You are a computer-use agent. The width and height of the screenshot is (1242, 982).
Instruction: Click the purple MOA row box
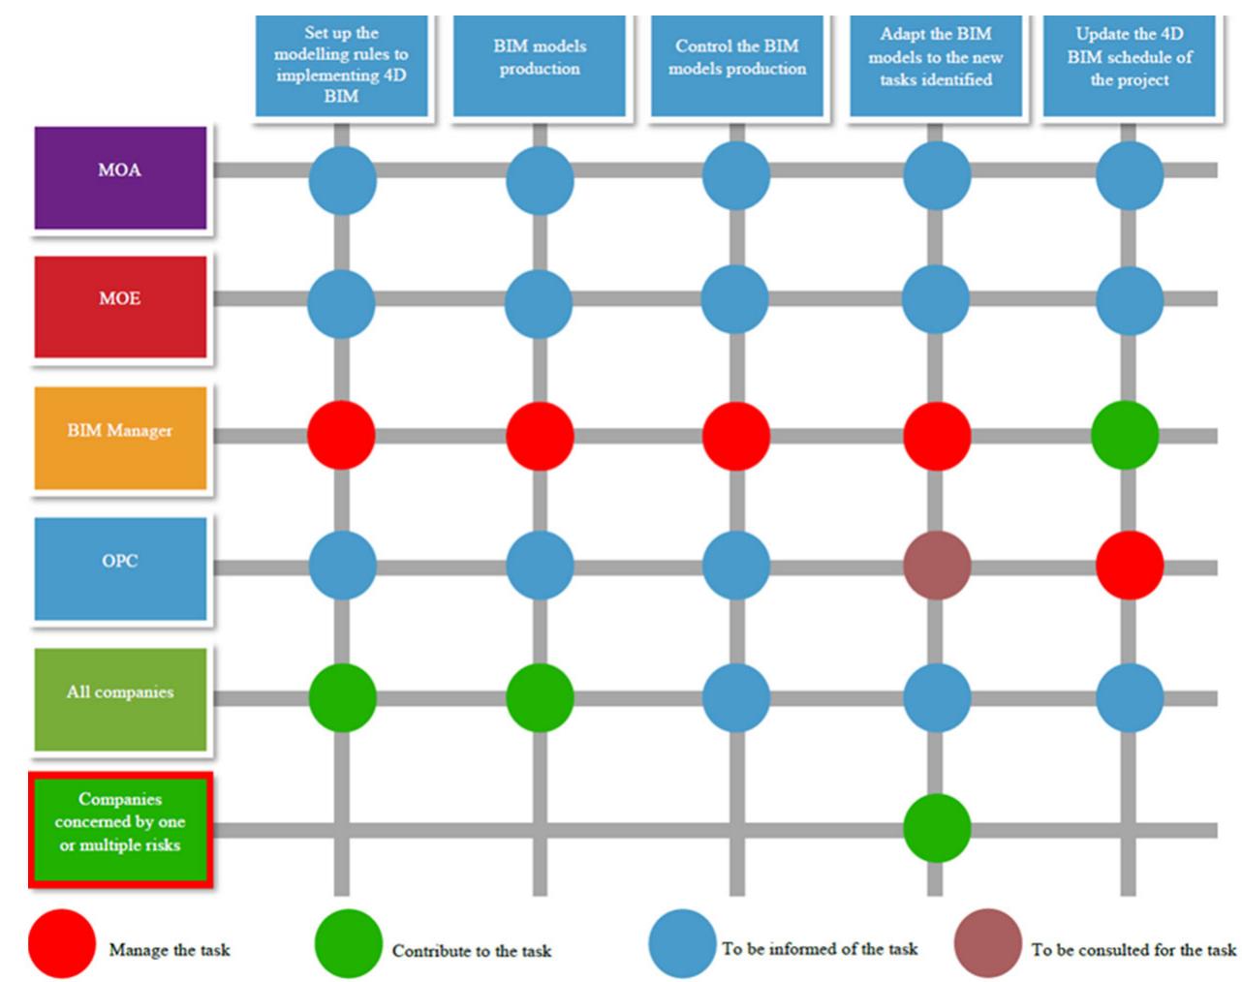coord(120,177)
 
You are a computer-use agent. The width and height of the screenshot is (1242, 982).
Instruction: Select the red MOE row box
coord(120,306)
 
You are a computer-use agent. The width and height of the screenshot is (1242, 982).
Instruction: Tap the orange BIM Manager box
coord(120,437)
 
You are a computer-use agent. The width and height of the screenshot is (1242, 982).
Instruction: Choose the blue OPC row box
coord(120,568)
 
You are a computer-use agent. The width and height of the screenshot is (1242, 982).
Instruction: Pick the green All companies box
coord(120,698)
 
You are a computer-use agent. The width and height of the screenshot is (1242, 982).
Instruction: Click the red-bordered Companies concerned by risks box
coord(120,829)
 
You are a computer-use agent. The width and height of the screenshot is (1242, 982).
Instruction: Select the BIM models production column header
coord(540,66)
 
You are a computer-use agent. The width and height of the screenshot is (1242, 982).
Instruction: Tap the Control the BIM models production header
coord(737,66)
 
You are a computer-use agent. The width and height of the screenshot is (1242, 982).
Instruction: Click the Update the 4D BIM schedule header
coord(1129,66)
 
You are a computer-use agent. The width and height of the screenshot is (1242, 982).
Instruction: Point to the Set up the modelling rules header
coord(341,66)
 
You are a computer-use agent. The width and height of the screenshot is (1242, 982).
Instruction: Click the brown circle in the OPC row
coord(937,566)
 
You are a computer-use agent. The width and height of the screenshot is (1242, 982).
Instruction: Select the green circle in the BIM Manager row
coord(1125,435)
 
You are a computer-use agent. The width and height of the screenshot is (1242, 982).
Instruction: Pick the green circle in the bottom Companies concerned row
coord(937,828)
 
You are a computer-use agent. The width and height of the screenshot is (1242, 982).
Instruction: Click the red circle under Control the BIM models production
coord(736,435)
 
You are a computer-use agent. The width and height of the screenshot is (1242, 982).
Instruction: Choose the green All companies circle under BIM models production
coord(540,697)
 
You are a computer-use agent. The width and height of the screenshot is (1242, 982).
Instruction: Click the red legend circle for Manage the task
coord(62,943)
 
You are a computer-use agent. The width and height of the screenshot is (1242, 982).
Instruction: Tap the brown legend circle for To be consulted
coord(987,943)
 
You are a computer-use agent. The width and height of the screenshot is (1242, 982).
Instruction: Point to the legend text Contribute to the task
coord(472,950)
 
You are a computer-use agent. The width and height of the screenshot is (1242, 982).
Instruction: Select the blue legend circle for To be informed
coord(683,943)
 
